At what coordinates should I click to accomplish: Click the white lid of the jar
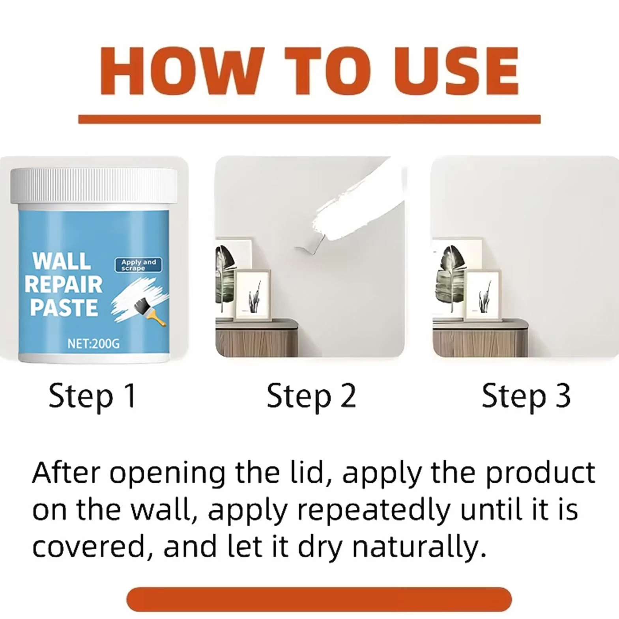[94, 187]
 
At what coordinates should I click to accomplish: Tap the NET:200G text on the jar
[94, 344]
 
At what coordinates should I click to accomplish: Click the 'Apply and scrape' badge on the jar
[138, 265]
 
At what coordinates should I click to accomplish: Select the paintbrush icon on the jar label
[151, 311]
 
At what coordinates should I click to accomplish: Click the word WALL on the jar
[62, 261]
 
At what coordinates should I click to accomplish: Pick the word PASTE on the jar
[64, 308]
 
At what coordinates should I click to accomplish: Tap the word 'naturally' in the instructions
[419, 548]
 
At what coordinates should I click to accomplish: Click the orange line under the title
[309, 119]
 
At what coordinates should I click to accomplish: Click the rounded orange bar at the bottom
[319, 599]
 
